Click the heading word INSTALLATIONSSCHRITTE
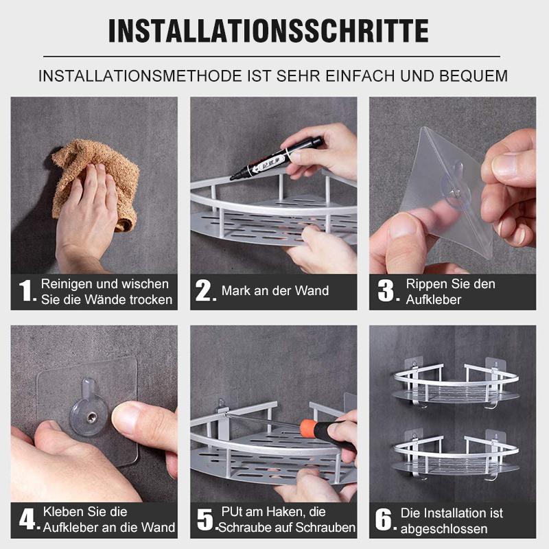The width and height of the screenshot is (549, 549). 268,31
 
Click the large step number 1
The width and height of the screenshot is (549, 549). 25,290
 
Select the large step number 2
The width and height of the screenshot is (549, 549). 203,290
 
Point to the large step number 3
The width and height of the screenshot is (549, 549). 386,290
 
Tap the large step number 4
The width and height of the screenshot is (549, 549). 27,519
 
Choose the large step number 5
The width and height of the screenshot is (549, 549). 205,519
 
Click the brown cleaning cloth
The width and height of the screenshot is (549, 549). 96,182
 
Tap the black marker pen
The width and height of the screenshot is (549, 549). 277,159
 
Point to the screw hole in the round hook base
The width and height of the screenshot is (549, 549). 91,417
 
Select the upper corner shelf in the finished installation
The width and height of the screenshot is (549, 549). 456,385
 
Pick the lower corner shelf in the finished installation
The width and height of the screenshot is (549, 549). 456,457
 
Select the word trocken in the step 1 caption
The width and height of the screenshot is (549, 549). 151,300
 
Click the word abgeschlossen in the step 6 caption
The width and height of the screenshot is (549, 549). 444,528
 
